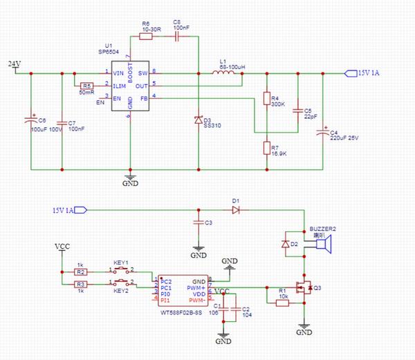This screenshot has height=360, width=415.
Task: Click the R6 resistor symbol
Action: [x=146, y=37]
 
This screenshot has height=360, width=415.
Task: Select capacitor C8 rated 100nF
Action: [x=177, y=37]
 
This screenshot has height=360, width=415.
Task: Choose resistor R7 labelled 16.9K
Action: [x=266, y=147]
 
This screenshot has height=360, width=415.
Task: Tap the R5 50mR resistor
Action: [x=86, y=86]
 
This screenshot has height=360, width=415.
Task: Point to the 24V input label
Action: [x=14, y=64]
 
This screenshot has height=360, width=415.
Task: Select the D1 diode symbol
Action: [x=236, y=209]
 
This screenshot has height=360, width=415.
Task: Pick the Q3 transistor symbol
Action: [x=303, y=288]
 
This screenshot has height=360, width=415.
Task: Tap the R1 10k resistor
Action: [x=282, y=301]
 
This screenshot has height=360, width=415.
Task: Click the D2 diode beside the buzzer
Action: [x=286, y=244]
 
